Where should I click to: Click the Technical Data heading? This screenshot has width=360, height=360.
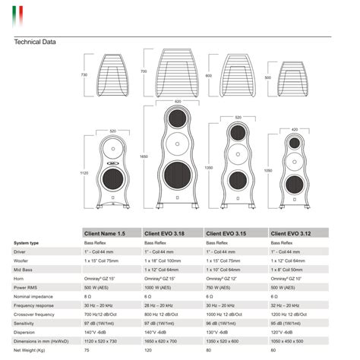pos(36,42)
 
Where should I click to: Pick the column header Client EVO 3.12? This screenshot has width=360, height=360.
pos(291,233)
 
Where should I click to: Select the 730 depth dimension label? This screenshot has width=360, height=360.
pos(85,75)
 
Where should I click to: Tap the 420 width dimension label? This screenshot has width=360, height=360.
pos(294,129)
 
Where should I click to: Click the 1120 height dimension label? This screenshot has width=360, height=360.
pos(85,172)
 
